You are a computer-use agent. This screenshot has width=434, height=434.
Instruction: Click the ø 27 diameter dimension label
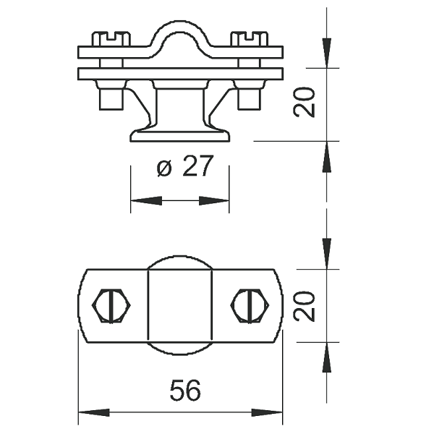click(185, 166)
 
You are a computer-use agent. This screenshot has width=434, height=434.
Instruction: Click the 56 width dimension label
click(185, 390)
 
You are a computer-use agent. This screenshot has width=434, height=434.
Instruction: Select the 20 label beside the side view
click(304, 103)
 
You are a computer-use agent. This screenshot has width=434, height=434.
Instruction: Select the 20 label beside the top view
click(304, 306)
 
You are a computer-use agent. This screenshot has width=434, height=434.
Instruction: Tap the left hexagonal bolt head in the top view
click(111, 306)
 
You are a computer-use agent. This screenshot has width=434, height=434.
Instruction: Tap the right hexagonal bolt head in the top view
click(250, 306)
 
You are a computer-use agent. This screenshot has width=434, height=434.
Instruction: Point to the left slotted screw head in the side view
click(111, 39)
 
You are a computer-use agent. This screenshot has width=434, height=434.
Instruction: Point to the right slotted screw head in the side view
click(249, 39)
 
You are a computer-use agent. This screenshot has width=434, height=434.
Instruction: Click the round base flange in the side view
click(180, 136)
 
